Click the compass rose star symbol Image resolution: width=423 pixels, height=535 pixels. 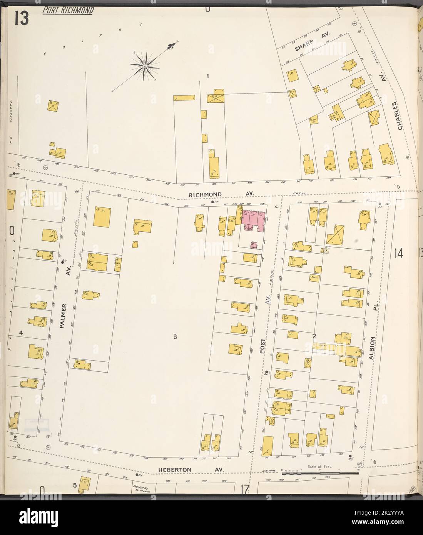tap(144, 67)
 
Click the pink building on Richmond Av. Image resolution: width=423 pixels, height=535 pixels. tap(252, 221)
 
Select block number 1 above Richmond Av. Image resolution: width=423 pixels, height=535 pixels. tap(207, 76)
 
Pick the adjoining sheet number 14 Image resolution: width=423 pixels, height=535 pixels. tap(398, 253)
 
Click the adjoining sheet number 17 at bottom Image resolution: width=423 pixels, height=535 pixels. tap(244, 489)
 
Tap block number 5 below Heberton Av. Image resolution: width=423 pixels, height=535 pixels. tap(74, 485)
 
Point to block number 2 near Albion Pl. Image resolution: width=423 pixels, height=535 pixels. tap(314, 336)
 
